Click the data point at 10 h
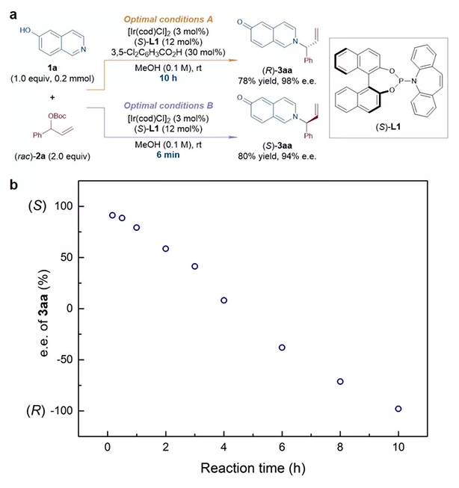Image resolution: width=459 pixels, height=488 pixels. (x=398, y=409)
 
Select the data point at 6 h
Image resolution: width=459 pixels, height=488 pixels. (x=282, y=348)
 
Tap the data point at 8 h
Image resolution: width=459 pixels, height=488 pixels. (x=340, y=381)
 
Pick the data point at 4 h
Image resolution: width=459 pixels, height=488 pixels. (x=224, y=300)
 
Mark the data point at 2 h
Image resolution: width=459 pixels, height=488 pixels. (x=165, y=249)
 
